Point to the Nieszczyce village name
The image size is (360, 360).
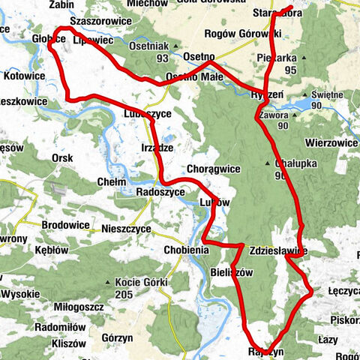point(125,228)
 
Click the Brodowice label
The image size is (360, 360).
point(65,224)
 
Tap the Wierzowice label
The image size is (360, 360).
point(331,142)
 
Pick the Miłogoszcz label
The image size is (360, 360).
point(79,307)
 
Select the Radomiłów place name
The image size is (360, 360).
point(62,327)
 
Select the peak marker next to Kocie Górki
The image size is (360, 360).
point(118,283)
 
